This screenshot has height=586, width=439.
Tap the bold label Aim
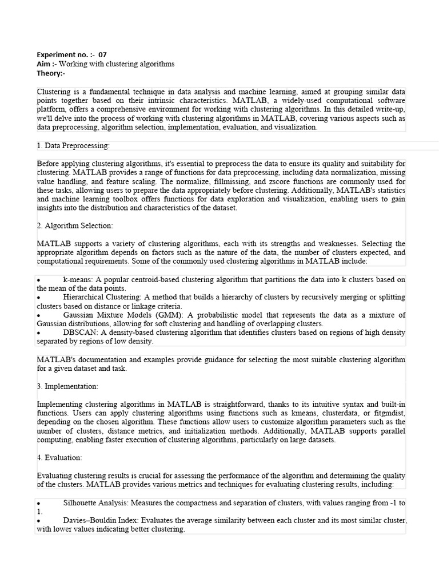point(44,64)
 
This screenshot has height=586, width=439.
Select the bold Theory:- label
point(51,73)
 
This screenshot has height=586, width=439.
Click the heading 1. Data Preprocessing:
point(73,146)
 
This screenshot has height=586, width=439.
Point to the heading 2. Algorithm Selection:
point(75,225)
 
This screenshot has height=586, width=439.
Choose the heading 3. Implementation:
point(67,386)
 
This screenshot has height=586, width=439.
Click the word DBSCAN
point(79,332)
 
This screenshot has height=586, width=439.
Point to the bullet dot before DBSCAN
point(38,333)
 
